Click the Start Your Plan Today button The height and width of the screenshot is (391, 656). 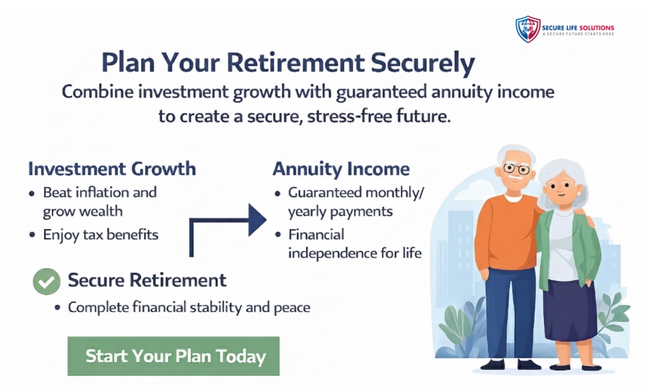click(x=173, y=356)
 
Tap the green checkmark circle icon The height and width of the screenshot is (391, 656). click(x=47, y=281)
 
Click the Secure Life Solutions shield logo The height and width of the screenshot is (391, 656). click(x=528, y=29)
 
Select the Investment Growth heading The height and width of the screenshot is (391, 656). click(x=112, y=169)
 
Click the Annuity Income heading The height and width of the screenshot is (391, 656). click(x=341, y=169)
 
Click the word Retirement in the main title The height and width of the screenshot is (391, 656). click(x=296, y=63)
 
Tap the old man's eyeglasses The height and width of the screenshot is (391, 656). click(x=516, y=168)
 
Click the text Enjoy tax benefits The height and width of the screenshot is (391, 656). click(x=101, y=235)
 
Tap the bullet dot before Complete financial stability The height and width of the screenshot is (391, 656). click(x=58, y=308)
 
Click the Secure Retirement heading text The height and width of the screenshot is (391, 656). click(x=147, y=280)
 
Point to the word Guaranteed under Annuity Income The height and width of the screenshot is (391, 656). click(x=325, y=192)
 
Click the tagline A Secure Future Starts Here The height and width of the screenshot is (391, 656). click(x=578, y=34)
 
